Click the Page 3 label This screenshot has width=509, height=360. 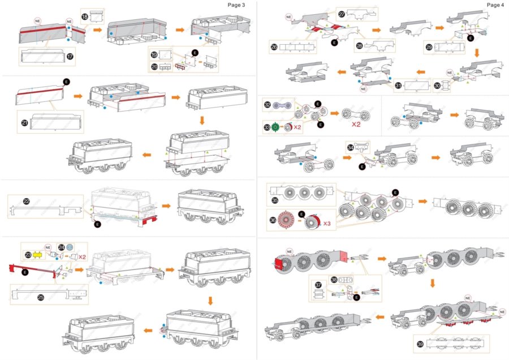click(x=236, y=5)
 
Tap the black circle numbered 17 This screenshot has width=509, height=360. click(x=71, y=57)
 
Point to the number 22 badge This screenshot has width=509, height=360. click(x=26, y=201)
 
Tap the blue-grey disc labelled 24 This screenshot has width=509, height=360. click(x=70, y=247)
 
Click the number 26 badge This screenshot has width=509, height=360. click(x=274, y=47)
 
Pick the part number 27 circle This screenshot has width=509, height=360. click(x=342, y=14)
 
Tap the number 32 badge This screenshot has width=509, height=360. click(x=267, y=105)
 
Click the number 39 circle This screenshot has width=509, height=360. click(x=419, y=344)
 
